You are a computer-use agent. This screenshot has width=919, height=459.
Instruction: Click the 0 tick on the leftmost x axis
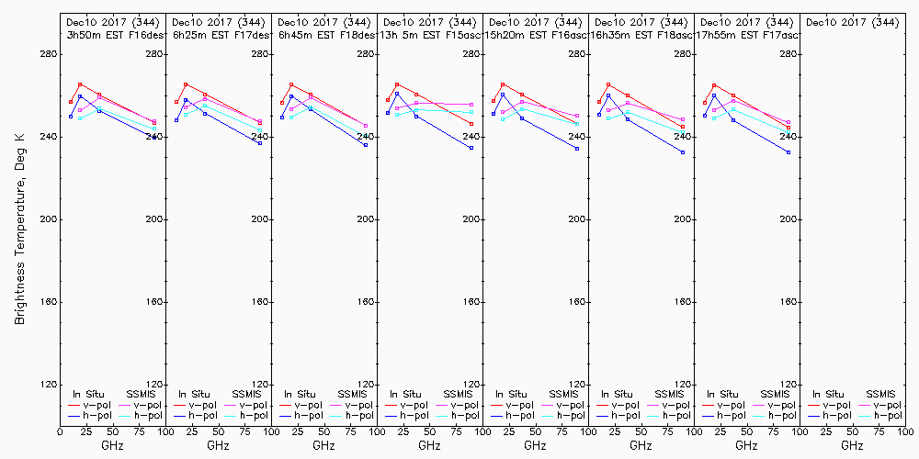click(61, 431)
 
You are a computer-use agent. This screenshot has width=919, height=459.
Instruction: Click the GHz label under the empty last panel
click(852, 445)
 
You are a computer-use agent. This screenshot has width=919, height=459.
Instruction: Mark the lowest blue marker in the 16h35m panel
click(683, 152)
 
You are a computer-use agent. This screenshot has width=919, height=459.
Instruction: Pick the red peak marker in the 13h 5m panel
click(397, 84)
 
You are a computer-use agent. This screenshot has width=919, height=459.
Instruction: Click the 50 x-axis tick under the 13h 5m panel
click(429, 431)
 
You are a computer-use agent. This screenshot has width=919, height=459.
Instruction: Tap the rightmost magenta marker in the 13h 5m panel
click(471, 105)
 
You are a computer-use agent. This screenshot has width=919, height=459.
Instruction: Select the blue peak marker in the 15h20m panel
click(503, 95)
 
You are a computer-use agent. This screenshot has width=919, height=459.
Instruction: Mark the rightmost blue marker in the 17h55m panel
click(789, 152)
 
